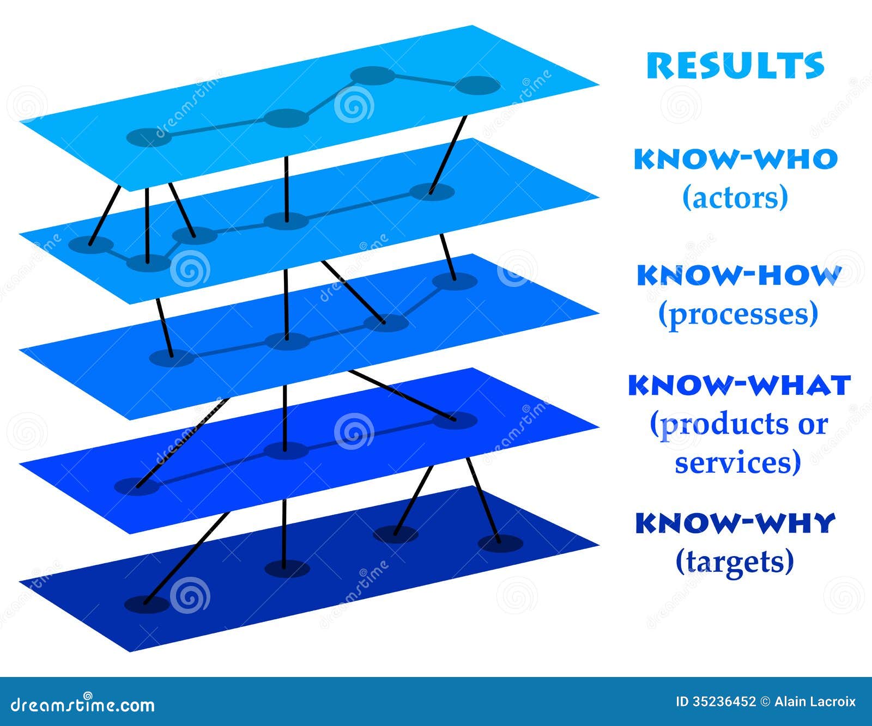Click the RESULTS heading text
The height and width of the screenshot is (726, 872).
pos(735,65)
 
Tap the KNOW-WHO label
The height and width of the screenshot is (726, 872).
pos(735,159)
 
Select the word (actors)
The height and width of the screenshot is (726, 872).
pos(735,197)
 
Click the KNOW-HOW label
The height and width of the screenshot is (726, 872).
pos(739,275)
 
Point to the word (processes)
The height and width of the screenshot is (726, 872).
pos(738,314)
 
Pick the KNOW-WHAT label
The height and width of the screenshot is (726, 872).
pos(739,385)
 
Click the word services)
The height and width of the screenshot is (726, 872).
pos(738,462)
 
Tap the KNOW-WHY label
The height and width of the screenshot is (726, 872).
pos(735,523)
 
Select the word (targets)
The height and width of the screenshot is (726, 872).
pos(735,561)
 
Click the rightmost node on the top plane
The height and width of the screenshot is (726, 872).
pos(477,86)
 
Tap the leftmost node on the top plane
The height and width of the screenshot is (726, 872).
pos(149,137)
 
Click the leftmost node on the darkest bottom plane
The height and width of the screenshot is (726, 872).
pos(147,604)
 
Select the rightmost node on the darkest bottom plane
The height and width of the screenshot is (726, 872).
pos(500,543)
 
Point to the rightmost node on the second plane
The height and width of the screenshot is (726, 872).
pos(432,192)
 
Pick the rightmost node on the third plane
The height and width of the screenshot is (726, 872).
pos(455,282)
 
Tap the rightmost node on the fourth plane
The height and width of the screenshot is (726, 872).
pos(455,420)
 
